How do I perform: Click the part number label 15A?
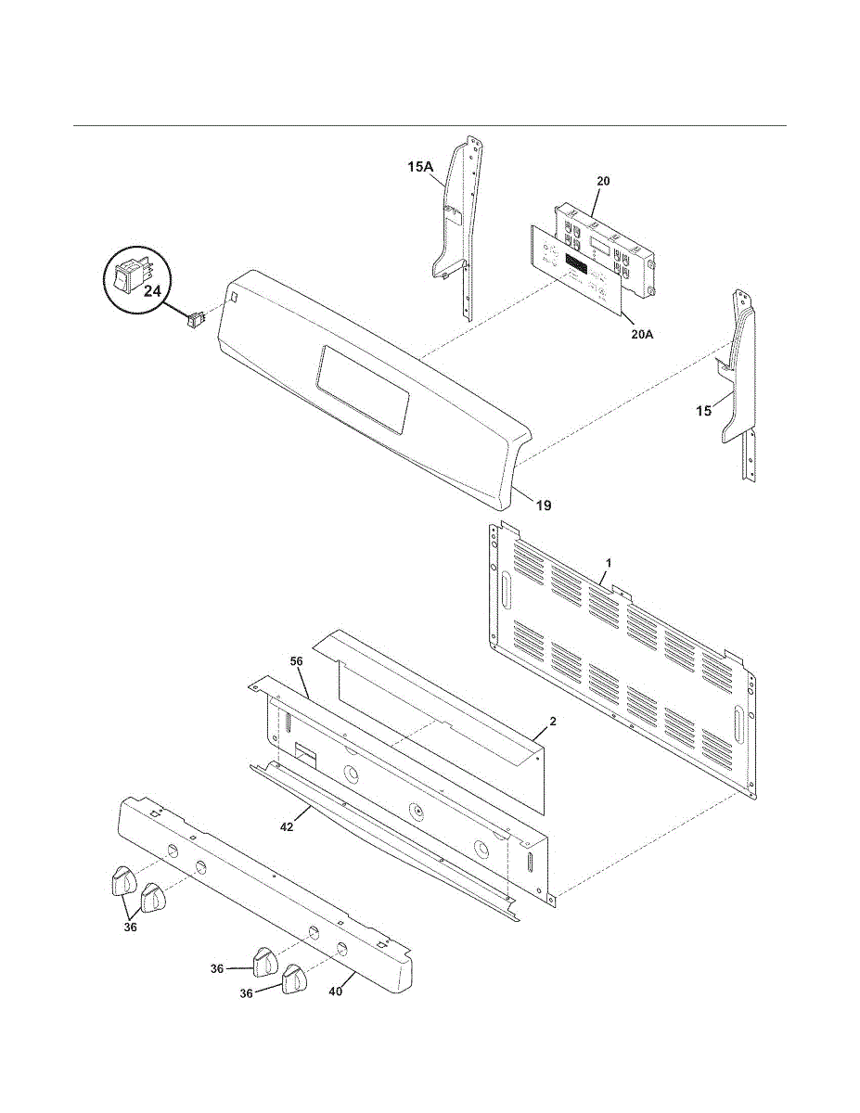click(420, 167)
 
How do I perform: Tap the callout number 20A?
click(641, 334)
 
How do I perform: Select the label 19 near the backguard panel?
click(544, 505)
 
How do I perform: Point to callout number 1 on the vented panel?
click(609, 563)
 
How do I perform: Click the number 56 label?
click(297, 661)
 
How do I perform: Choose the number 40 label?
click(336, 991)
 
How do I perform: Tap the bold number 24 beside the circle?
click(152, 291)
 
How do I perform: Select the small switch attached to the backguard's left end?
click(194, 320)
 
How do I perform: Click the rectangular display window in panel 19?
click(363, 389)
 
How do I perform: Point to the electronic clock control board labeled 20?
click(603, 246)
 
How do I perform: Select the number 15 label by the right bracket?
click(705, 411)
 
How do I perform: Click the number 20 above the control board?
click(603, 181)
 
